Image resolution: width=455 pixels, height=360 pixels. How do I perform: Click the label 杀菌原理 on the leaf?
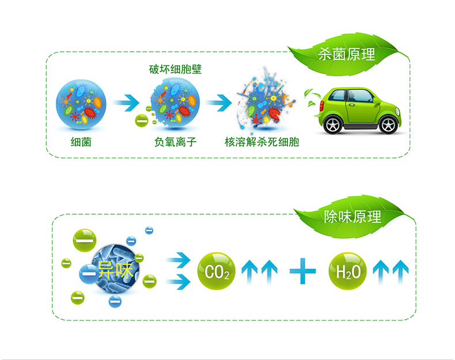tap(346, 55)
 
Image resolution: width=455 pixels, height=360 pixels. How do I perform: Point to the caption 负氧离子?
tap(172, 141)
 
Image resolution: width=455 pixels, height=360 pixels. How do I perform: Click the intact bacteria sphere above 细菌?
tap(79, 103)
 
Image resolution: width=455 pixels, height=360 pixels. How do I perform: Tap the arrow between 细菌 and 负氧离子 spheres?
tap(126, 104)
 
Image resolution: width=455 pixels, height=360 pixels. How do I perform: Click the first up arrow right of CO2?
tap(249, 271)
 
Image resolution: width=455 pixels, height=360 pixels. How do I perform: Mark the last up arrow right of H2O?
tap(400, 271)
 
